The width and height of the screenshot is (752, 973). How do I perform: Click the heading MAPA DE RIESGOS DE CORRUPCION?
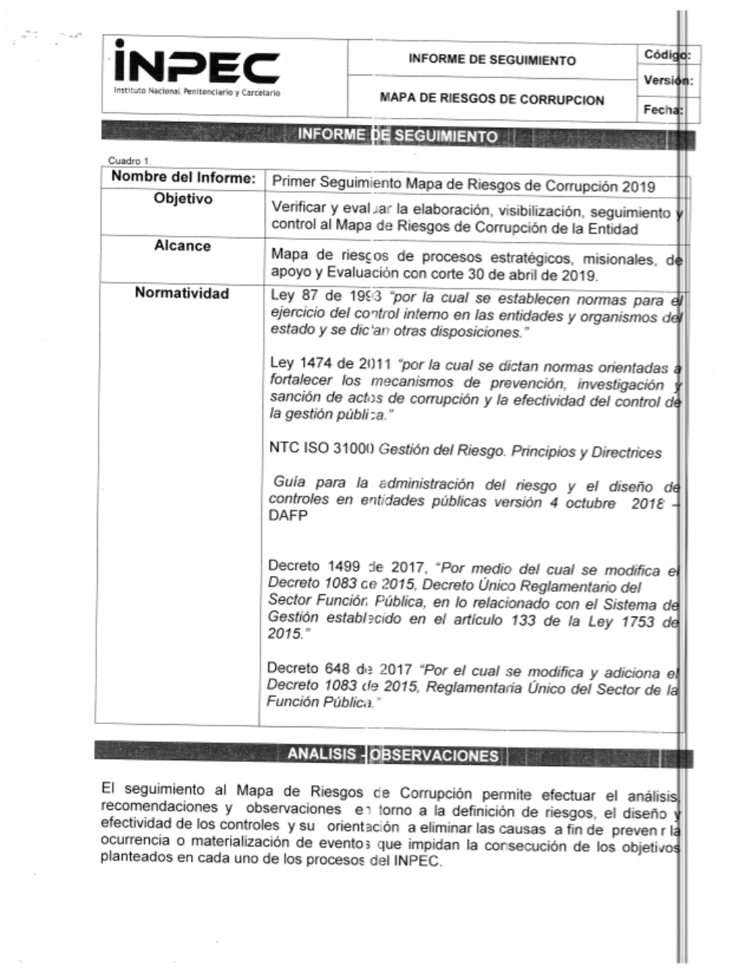492,99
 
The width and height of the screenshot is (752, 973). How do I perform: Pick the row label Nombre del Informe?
183,178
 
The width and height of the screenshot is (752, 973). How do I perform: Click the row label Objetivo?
183,199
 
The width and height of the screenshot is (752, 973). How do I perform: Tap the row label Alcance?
183,246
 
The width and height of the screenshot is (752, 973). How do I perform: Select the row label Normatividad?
182,293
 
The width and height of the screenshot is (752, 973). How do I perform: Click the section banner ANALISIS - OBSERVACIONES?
393,755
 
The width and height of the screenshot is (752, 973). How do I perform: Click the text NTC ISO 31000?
322,450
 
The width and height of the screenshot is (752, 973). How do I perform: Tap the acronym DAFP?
288,517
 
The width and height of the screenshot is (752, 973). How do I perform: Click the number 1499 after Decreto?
344,567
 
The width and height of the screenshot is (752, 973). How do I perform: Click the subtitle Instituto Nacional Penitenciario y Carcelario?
196,92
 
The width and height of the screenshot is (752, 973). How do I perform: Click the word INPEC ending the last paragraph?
415,862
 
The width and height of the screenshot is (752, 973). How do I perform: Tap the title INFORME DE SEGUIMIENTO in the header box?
492,60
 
